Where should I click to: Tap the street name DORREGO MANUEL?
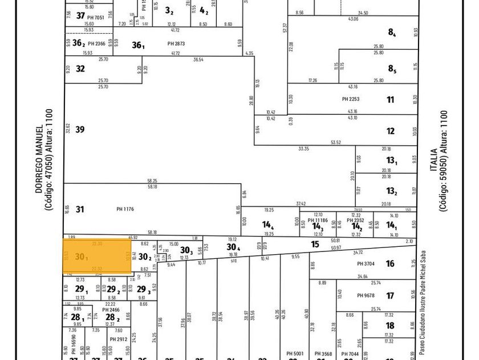[x=39, y=159]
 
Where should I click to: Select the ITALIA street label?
[x=434, y=161]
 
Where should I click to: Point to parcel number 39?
[x=80, y=130]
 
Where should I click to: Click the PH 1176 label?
[x=124, y=210]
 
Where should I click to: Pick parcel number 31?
[x=80, y=210]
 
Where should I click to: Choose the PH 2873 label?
[x=176, y=44]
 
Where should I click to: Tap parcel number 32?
[x=80, y=69]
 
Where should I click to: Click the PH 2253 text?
[x=351, y=99]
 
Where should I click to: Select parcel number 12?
[x=391, y=131]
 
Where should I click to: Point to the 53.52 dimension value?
[x=336, y=142]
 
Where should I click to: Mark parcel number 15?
[x=315, y=245]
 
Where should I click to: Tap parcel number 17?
[x=390, y=296]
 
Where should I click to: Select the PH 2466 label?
[x=111, y=310]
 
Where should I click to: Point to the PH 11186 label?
[x=318, y=220]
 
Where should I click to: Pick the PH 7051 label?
[x=96, y=18]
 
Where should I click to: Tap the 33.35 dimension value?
[x=303, y=149]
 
